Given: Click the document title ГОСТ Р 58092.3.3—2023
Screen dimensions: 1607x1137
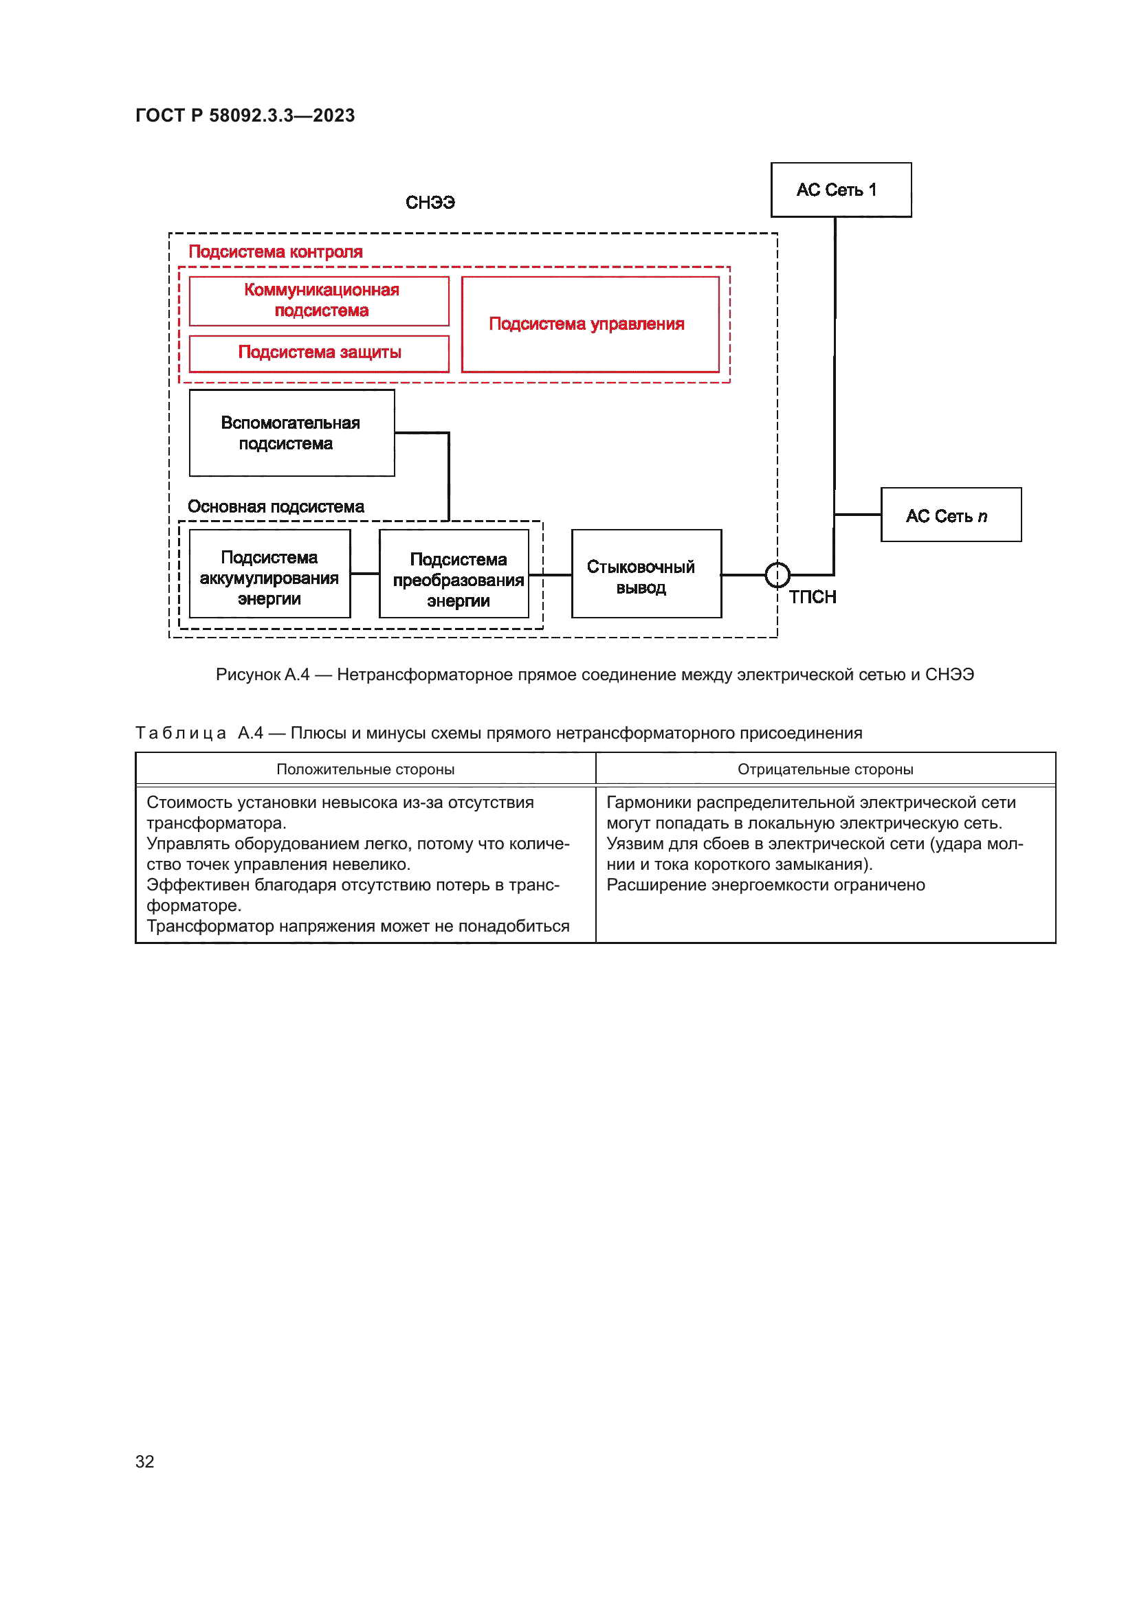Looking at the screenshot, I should (x=245, y=115).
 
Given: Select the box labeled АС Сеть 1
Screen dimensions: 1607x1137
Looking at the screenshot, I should (x=840, y=190).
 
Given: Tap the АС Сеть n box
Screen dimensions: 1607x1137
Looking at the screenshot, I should (x=950, y=515).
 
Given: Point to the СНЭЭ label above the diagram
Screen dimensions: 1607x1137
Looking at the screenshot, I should (x=430, y=203).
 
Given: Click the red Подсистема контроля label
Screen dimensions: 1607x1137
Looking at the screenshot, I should (x=275, y=252).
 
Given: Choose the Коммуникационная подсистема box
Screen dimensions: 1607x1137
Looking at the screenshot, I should (x=319, y=301).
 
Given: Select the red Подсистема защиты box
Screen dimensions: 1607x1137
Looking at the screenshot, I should (x=319, y=352).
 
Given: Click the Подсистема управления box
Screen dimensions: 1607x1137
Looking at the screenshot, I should (x=590, y=324).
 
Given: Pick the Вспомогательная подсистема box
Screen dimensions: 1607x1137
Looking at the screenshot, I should (x=291, y=434).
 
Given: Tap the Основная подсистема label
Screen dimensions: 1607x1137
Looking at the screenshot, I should (x=275, y=507).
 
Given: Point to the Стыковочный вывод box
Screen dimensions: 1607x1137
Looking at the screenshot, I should (x=645, y=574).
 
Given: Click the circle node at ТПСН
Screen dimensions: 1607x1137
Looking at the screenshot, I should (x=777, y=575).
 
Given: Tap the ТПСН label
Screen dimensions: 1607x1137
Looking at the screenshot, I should (x=812, y=597).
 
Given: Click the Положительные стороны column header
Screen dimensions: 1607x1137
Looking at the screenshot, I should (x=365, y=769).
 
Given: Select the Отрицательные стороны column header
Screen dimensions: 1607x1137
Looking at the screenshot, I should (x=825, y=769).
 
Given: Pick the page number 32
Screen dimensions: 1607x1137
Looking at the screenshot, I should (x=145, y=1461).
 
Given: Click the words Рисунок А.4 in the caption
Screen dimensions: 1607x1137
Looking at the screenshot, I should (x=262, y=675).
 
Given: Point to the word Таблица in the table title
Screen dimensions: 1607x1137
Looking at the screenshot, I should (x=181, y=733).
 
